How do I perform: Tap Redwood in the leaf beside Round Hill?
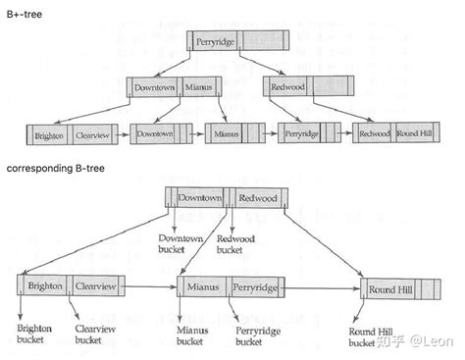coord(374,132)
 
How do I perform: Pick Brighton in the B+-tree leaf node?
coord(49,135)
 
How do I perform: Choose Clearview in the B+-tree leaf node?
coord(89,135)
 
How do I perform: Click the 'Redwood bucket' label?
coord(236,243)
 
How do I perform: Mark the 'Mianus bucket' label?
coord(192,336)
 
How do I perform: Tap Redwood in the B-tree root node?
coord(257,197)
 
